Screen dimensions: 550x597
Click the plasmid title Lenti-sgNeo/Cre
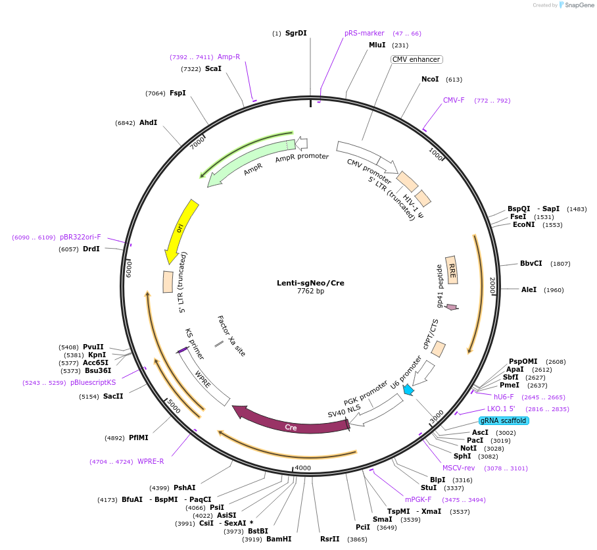(x=310, y=283)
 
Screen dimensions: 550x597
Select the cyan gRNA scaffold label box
(x=503, y=420)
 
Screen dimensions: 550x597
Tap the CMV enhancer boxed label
(x=416, y=59)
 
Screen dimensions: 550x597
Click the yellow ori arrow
(x=181, y=230)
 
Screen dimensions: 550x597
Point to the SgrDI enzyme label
(x=296, y=33)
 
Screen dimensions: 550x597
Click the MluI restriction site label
(x=377, y=45)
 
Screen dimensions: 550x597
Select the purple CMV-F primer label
(x=454, y=101)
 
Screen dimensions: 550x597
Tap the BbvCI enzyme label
(x=531, y=263)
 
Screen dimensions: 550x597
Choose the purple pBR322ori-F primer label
(x=81, y=237)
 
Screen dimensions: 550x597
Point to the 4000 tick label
(x=302, y=468)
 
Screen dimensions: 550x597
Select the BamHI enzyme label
(x=279, y=539)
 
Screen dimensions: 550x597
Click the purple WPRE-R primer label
(x=151, y=461)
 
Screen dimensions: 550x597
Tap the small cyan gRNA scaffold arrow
(x=409, y=390)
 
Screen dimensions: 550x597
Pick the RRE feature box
(x=452, y=270)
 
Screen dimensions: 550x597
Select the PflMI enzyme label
(x=139, y=438)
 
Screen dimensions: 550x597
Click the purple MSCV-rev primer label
(x=458, y=468)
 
